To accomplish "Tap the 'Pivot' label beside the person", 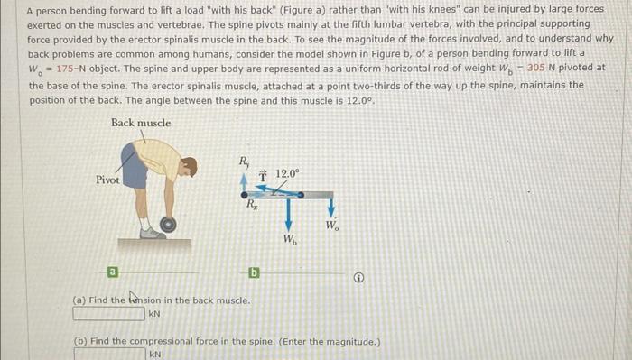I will click(107, 180).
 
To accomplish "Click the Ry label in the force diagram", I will click(243, 162).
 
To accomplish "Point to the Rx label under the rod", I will click(253, 205).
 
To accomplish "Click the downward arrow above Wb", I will click(288, 216).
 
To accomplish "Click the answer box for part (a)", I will click(108, 314).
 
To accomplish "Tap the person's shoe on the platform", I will click(153, 233).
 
